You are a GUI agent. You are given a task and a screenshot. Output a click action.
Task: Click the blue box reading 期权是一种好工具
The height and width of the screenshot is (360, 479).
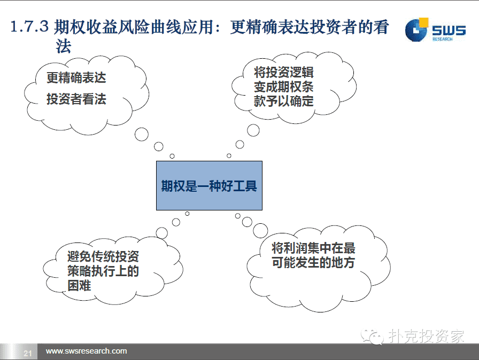209,185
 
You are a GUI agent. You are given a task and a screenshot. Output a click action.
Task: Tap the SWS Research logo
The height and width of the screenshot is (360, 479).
435,30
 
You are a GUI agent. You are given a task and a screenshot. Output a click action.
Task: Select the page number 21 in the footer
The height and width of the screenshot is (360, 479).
27,353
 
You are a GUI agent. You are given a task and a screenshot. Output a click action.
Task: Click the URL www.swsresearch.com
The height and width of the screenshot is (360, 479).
86,351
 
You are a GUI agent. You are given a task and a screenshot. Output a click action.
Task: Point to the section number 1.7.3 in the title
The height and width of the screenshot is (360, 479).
29,26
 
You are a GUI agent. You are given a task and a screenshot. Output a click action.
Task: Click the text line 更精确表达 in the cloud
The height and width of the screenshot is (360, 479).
76,77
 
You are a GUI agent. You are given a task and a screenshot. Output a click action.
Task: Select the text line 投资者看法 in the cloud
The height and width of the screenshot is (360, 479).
76,99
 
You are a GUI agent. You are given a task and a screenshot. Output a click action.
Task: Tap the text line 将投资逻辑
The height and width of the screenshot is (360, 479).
283,73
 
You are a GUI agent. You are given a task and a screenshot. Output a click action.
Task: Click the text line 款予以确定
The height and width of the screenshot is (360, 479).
283,101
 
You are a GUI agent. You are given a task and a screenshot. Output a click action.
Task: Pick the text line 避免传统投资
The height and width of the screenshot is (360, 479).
103,256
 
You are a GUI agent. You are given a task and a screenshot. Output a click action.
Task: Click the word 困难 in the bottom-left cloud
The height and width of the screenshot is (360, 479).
79,286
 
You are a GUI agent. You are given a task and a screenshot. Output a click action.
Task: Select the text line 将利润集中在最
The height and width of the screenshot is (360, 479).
313,248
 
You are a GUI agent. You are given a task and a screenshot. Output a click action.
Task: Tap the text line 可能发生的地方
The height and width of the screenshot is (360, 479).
313,262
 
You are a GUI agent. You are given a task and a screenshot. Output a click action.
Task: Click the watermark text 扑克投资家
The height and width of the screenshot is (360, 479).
427,336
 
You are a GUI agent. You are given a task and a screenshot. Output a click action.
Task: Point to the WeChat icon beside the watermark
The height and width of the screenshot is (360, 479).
372,336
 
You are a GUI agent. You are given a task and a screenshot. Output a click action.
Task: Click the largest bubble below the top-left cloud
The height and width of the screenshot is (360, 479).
142,134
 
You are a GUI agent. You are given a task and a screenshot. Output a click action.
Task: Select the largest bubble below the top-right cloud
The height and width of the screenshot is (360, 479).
253,130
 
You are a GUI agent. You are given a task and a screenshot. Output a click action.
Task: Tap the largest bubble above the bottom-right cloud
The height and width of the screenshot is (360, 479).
260,231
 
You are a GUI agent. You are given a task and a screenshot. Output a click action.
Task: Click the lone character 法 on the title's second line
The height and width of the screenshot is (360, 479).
63,46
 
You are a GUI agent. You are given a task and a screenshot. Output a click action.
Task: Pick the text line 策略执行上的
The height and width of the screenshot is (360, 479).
103,271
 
